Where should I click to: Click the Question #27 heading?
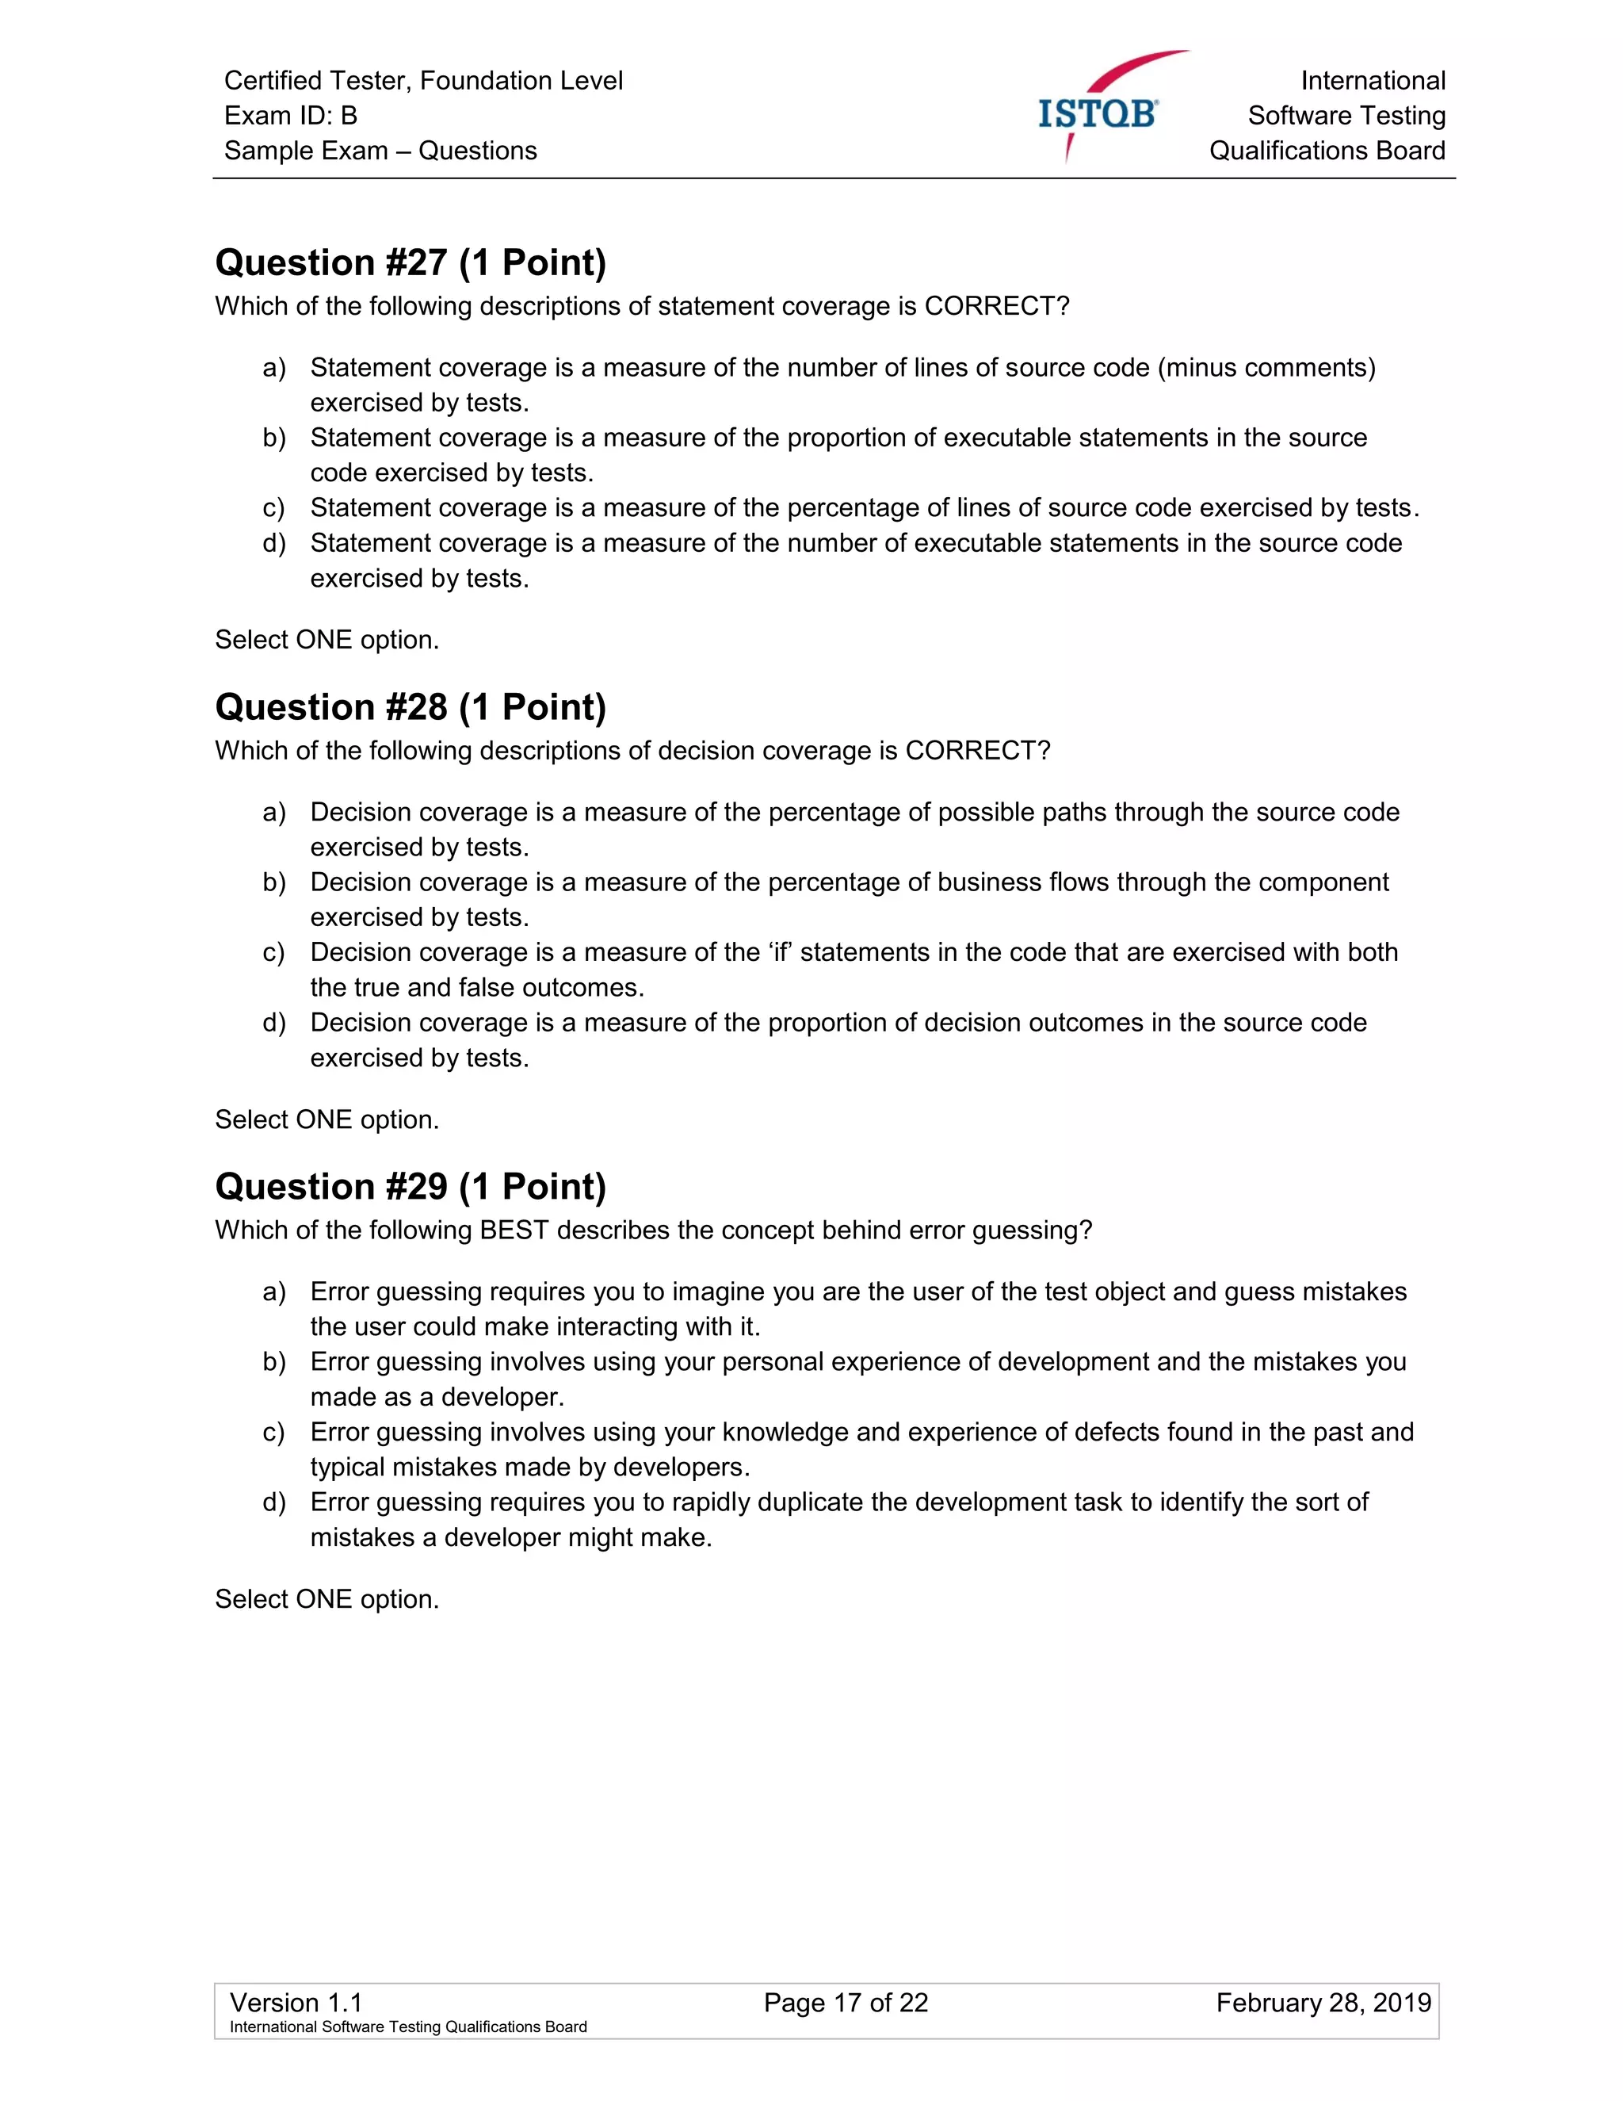[411, 262]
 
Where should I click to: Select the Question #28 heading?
[411, 707]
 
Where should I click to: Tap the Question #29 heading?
[411, 1186]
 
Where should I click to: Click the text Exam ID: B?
[290, 116]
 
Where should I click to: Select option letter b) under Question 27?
[274, 438]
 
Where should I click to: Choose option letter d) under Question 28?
[274, 1023]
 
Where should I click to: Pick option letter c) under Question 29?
[274, 1433]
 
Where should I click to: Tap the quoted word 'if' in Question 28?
[776, 952]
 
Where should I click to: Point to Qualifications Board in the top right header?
[1327, 151]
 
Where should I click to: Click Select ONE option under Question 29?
[327, 1599]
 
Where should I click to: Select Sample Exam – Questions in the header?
[380, 151]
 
